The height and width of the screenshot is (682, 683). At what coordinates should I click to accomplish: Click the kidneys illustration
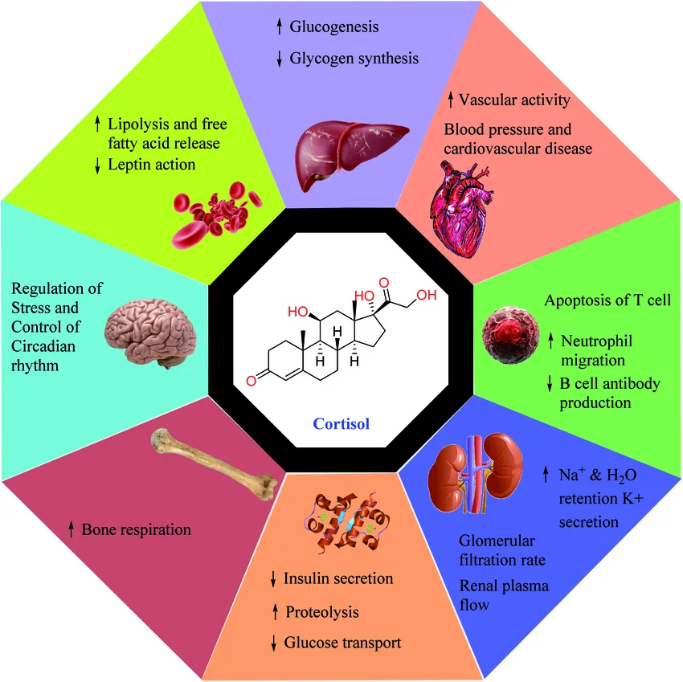pyautogui.click(x=472, y=479)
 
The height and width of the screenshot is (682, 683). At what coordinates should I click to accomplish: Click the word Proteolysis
pyautogui.click(x=322, y=612)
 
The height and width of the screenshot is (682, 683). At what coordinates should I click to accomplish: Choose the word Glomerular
pyautogui.click(x=497, y=541)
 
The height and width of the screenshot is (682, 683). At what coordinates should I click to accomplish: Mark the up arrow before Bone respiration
pyautogui.click(x=72, y=529)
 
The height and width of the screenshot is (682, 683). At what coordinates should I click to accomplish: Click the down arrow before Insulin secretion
pyautogui.click(x=274, y=578)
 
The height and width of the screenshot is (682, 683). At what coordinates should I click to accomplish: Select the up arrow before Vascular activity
pyautogui.click(x=451, y=100)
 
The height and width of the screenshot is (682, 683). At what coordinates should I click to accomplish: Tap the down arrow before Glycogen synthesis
pyautogui.click(x=279, y=59)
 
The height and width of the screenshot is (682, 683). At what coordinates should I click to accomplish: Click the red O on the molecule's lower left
pyautogui.click(x=252, y=379)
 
